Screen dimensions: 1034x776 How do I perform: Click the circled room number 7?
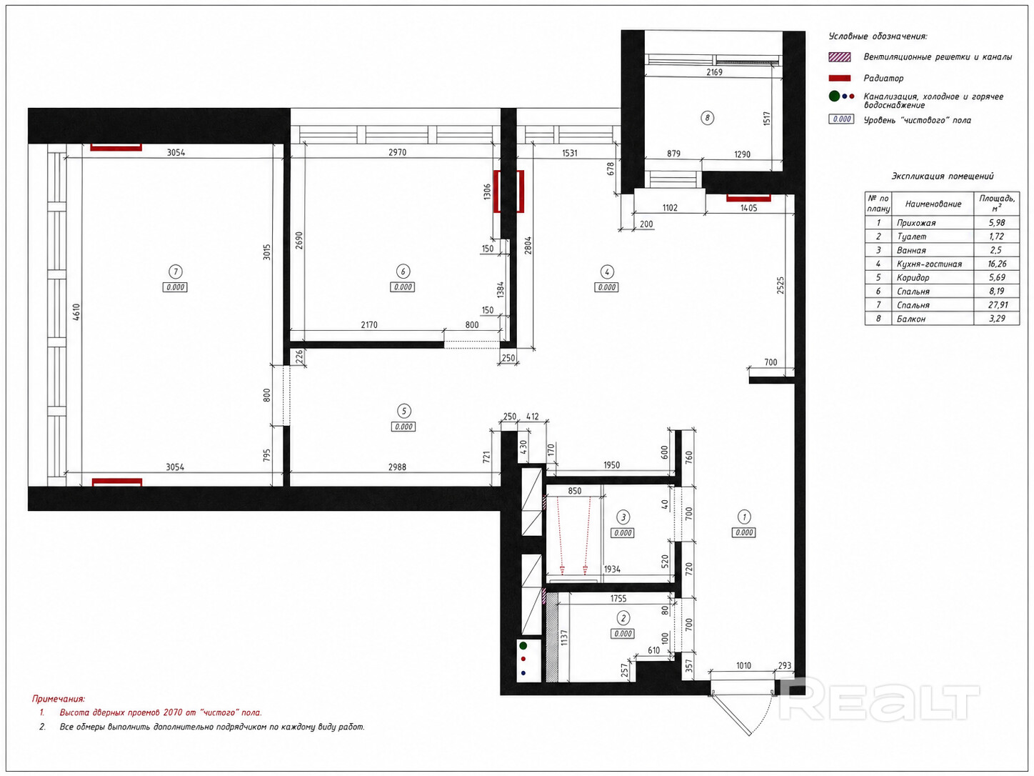(x=176, y=272)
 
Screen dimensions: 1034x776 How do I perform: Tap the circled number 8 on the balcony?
(x=707, y=118)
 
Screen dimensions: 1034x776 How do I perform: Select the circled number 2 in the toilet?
(x=623, y=617)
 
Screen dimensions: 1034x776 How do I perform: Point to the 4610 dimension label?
(x=76, y=312)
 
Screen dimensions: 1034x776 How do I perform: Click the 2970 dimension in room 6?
(x=397, y=152)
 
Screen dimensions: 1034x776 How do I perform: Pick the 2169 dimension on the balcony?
(x=714, y=72)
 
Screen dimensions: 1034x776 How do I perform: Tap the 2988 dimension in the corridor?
(x=397, y=467)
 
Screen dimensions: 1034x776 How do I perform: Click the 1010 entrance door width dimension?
(x=743, y=666)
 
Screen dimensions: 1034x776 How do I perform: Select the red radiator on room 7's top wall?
(x=116, y=147)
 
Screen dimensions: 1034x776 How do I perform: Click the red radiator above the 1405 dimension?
(x=748, y=198)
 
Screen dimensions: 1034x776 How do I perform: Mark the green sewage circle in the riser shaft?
(x=523, y=645)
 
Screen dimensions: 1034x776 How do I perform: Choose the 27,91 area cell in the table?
(x=998, y=305)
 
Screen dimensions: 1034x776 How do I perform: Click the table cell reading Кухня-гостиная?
(x=929, y=264)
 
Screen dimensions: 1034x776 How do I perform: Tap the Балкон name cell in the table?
(x=911, y=319)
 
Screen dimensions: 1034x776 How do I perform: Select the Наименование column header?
(x=933, y=204)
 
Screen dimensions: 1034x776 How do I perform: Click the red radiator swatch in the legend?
(x=840, y=78)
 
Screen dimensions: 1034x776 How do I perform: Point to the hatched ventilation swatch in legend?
(x=840, y=57)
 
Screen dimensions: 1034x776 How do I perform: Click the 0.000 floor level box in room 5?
(x=403, y=427)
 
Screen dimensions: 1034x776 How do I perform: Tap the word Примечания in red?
(x=59, y=699)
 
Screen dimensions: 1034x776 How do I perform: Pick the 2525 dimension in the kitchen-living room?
(x=780, y=285)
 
